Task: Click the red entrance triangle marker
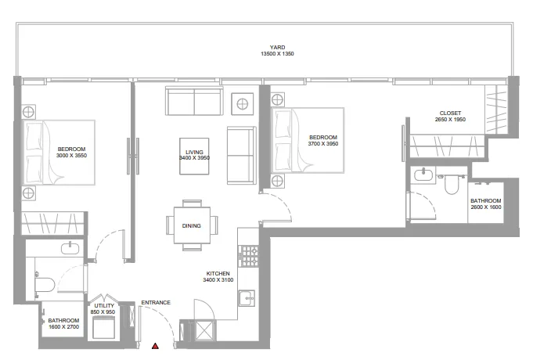point(155,346)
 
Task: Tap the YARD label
point(277,47)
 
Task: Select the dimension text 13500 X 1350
point(277,54)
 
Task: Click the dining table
point(192,225)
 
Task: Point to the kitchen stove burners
point(248,256)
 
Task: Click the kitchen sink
point(247,298)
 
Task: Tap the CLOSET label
point(450,113)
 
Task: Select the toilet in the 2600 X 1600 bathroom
point(452,184)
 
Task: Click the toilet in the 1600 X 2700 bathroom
point(45,285)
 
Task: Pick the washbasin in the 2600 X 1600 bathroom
point(423,175)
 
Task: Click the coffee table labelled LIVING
point(194,156)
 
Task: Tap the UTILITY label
point(104,306)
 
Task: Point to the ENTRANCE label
point(156,303)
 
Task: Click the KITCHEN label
point(218,273)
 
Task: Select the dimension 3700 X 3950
point(323,144)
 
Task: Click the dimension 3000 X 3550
point(71,156)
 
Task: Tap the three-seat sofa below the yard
point(194,101)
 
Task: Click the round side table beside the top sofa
point(243,104)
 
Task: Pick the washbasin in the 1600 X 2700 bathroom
point(70,248)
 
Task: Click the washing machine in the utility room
point(103,327)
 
